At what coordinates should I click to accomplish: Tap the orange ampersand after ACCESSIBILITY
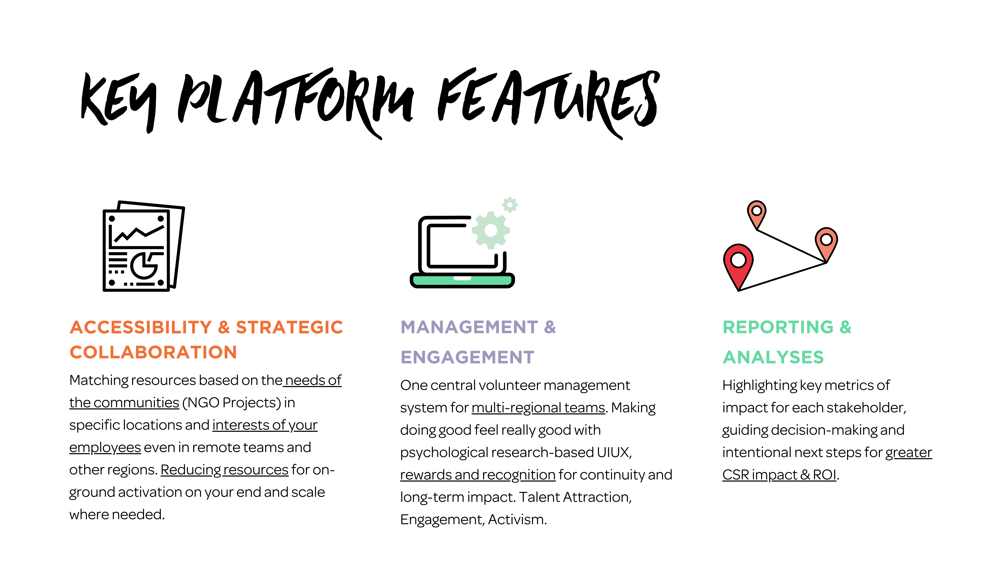click(224, 327)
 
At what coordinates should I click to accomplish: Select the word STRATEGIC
click(289, 327)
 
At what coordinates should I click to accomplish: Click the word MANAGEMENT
click(469, 327)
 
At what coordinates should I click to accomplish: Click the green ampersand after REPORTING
click(846, 327)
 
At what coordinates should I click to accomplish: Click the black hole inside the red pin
click(738, 260)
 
